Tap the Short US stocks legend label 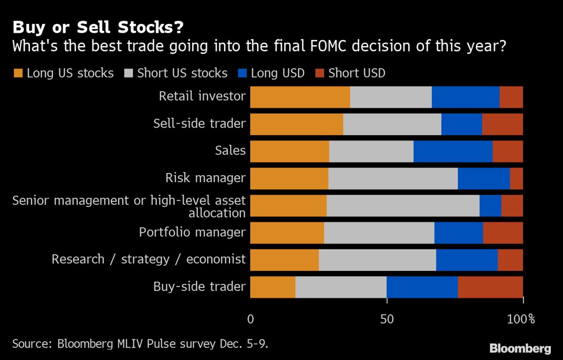pyautogui.click(x=182, y=73)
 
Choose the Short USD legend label pyautogui.click(x=357, y=73)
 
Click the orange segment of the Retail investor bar pyautogui.click(x=300, y=97)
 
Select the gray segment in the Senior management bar pyautogui.click(x=403, y=206)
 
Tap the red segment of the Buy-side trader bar pyautogui.click(x=490, y=287)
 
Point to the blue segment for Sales pyautogui.click(x=453, y=151)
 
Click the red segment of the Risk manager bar pyautogui.click(x=516, y=178)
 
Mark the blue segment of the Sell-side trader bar pyautogui.click(x=461, y=124)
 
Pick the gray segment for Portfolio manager pyautogui.click(x=379, y=233)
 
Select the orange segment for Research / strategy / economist pyautogui.click(x=284, y=260)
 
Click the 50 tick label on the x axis pyautogui.click(x=387, y=320)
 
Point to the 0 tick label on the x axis pyautogui.click(x=251, y=320)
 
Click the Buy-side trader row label pyautogui.click(x=199, y=287)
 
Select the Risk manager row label pyautogui.click(x=205, y=178)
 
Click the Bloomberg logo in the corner pyautogui.click(x=520, y=348)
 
